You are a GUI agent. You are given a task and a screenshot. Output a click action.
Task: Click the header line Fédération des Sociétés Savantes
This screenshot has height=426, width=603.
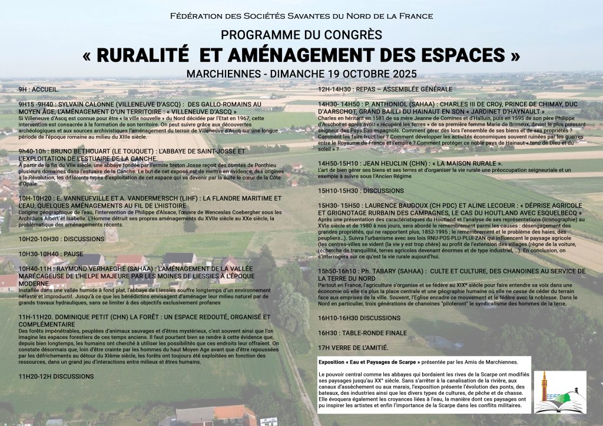(x=301, y=16)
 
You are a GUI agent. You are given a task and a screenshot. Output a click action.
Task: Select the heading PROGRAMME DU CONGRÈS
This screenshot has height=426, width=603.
(x=301, y=35)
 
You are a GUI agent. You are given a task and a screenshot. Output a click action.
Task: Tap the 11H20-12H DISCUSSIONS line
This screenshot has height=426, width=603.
(x=56, y=375)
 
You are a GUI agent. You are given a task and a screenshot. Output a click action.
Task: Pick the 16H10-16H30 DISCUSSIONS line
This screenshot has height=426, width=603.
(x=359, y=318)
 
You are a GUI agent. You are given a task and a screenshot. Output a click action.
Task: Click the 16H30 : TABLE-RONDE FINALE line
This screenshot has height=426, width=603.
(x=362, y=332)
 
